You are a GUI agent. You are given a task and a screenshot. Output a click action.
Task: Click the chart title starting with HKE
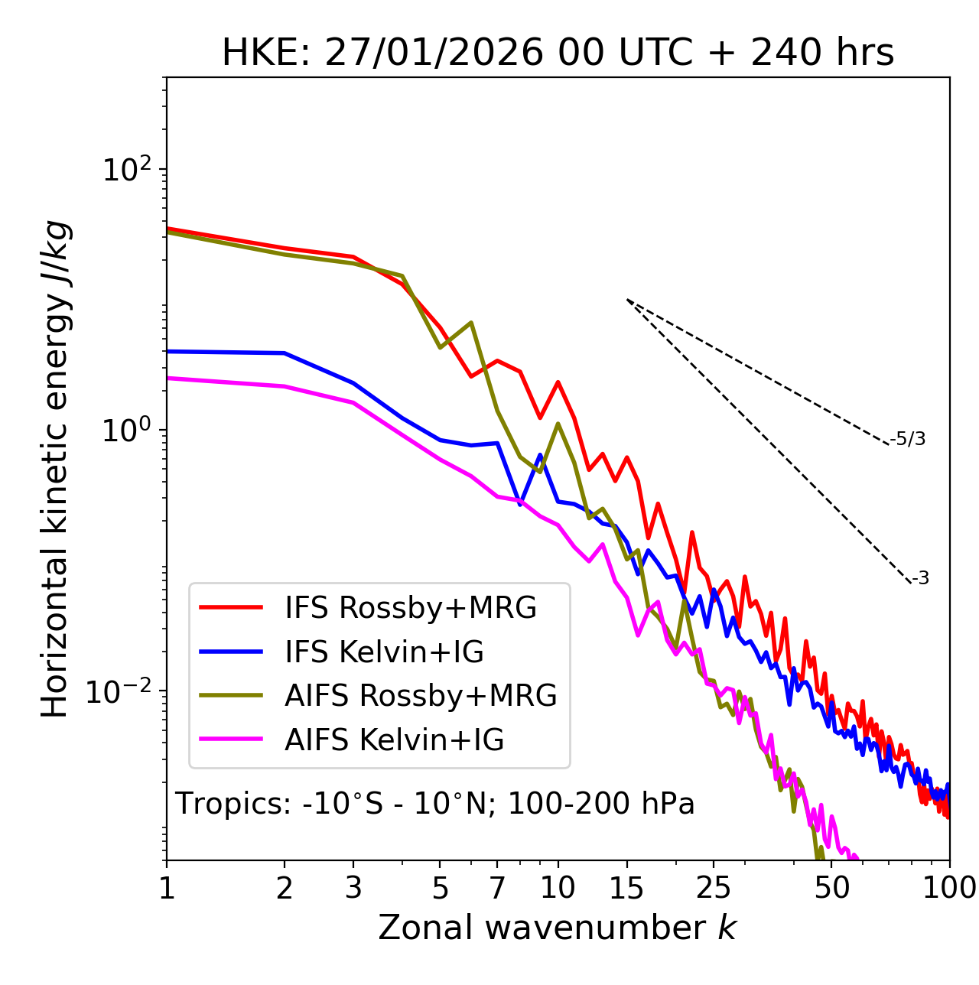[558, 54]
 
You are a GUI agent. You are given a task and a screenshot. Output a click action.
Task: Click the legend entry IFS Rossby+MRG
[411, 607]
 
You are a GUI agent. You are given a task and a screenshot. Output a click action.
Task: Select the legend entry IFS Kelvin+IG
[384, 652]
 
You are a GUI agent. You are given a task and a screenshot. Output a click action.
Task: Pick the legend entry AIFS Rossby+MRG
[421, 695]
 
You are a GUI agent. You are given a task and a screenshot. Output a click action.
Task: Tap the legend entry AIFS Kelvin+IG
[394, 740]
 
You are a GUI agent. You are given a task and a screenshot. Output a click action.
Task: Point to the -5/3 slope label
[908, 439]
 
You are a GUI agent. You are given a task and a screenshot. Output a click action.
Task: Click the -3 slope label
[920, 578]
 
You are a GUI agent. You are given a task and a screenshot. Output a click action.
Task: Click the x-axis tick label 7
[497, 887]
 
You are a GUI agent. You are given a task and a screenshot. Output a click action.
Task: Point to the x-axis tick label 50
[832, 887]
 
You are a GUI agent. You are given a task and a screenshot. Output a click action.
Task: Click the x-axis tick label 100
[949, 887]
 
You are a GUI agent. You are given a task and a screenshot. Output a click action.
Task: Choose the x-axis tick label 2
[285, 887]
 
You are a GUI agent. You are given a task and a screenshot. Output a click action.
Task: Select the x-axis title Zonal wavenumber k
[558, 928]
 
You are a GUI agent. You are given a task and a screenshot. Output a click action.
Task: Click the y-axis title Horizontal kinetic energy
[55, 470]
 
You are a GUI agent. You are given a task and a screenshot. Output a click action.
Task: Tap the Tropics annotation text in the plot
[434, 804]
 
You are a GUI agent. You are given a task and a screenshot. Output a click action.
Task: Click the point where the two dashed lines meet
[627, 300]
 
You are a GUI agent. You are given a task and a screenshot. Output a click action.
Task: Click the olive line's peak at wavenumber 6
[471, 322]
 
